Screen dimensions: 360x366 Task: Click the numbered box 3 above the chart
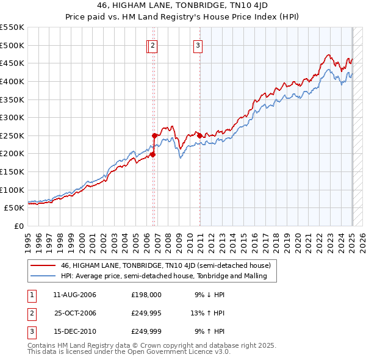tap(198, 44)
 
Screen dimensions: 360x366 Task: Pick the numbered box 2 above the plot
tap(152, 44)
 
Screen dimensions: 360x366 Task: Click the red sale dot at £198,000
tap(152, 154)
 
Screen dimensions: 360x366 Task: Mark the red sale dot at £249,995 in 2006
tap(155, 135)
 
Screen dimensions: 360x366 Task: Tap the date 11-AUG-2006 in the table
tap(75, 294)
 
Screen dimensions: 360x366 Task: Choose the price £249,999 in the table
tap(146, 332)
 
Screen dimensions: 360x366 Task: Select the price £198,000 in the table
tap(146, 294)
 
